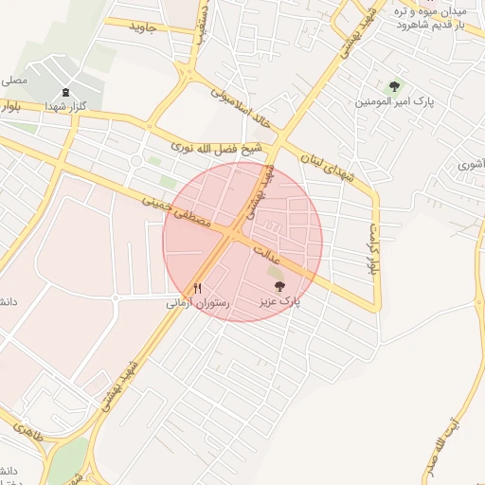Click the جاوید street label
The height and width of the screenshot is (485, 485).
[x=153, y=27]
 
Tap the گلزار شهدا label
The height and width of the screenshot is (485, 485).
[x=65, y=107]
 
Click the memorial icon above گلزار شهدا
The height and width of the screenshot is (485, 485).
[x=64, y=93]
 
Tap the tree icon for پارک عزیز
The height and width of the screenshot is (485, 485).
[x=278, y=285]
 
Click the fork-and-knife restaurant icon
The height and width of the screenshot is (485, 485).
[x=198, y=288]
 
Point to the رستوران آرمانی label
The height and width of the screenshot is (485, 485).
[x=193, y=303]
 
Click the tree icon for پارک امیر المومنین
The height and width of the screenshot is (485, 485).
[x=395, y=85]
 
